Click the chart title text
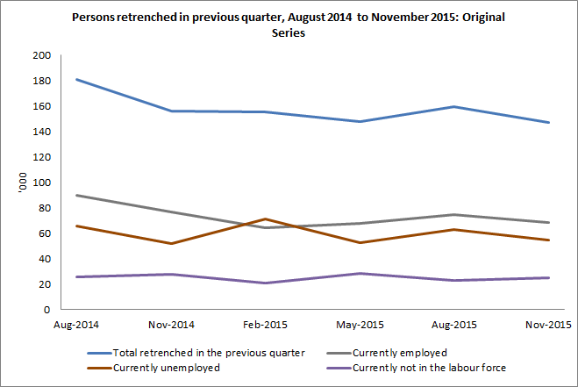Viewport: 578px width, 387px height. [x=289, y=25]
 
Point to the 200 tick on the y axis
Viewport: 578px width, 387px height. [x=41, y=55]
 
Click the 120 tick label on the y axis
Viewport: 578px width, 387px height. [x=41, y=157]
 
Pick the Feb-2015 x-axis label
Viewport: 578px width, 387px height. [x=264, y=325]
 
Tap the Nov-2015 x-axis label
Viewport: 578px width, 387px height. [x=549, y=325]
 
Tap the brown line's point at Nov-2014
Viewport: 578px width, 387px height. [x=172, y=243]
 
